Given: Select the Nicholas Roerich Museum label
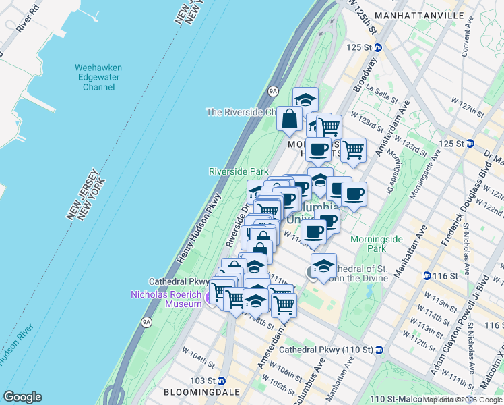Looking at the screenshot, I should point(166,299).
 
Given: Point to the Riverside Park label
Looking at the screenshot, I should point(239,172).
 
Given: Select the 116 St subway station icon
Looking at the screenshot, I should point(427,276).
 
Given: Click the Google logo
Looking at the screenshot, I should point(23,397).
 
